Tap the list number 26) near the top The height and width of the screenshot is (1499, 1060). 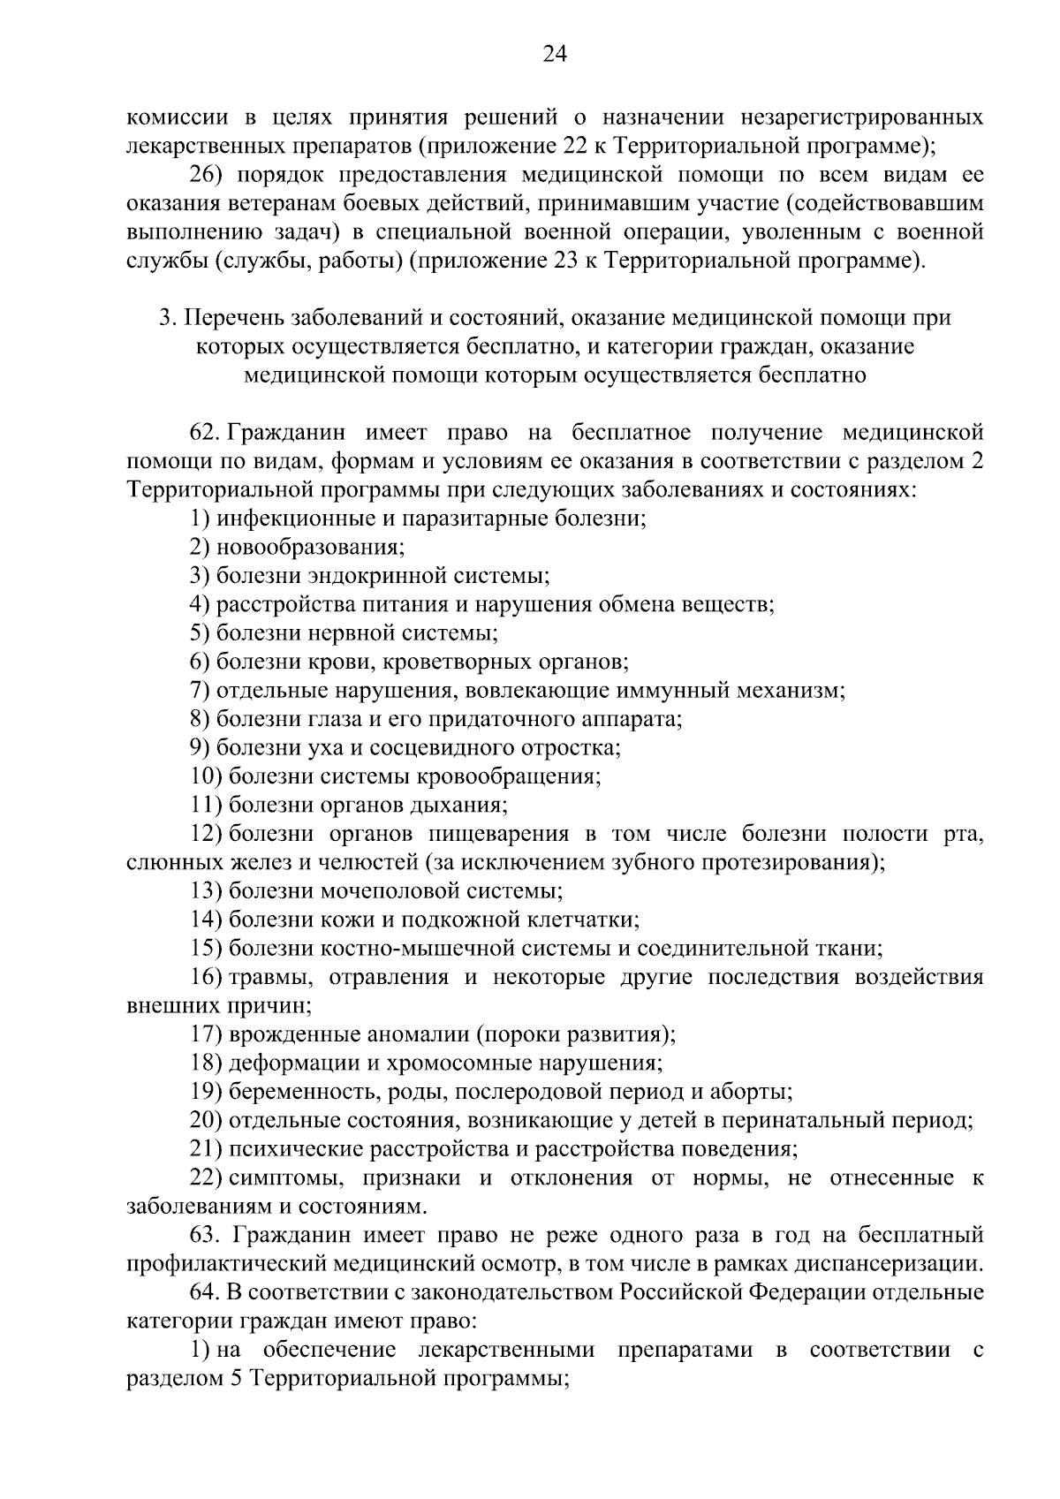207,174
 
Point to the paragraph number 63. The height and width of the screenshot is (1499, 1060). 204,1234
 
